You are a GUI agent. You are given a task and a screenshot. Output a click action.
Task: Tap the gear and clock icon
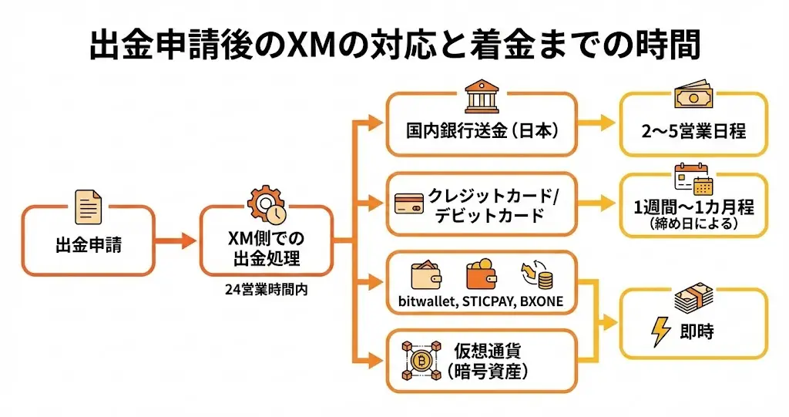(266, 203)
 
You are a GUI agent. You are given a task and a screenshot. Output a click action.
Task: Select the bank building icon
(482, 98)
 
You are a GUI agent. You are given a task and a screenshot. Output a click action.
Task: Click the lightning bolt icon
(660, 331)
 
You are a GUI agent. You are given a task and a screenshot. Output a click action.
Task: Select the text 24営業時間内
(266, 290)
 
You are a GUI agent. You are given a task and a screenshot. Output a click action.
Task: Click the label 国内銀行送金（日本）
(482, 129)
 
